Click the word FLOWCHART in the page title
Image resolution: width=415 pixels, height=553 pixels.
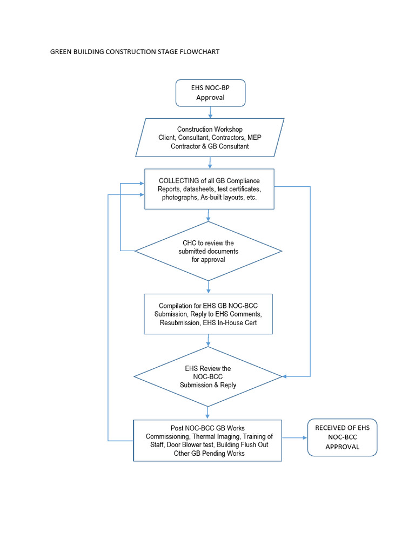coord(200,52)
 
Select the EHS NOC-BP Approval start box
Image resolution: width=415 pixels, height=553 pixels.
coord(210,93)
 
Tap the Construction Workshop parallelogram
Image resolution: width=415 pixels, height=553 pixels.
coord(210,138)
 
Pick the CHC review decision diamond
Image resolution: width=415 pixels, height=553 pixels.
coord(208,251)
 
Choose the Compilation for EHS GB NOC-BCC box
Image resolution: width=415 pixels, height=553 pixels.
coord(208,314)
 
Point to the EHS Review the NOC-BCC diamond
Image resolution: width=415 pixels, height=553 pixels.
coord(208,376)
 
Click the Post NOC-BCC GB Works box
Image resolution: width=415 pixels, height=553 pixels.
coord(207,440)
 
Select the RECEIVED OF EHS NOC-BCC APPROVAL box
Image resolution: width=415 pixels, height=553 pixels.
coord(342,437)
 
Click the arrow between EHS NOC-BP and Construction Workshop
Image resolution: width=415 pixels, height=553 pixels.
coord(210,112)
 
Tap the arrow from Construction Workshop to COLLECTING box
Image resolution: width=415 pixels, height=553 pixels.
coord(210,163)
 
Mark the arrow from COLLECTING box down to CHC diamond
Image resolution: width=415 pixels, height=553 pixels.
coord(209,215)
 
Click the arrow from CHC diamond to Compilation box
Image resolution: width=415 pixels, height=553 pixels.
coord(209,287)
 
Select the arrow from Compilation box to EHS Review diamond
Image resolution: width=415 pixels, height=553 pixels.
coord(209,341)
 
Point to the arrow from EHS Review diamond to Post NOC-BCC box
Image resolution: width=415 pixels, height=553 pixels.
coord(208,413)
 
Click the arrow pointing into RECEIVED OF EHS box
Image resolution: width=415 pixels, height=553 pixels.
coord(295,437)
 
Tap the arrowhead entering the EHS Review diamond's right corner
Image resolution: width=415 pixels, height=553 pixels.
coord(285,376)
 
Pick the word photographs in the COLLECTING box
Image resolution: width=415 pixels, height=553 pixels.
coord(180,198)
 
